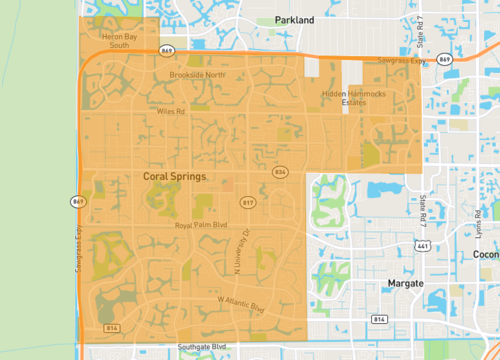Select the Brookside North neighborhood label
pos(197,74)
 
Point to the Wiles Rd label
pos(171,111)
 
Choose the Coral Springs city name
pos(174,176)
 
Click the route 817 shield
pos(248,203)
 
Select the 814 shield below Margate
pos(379,319)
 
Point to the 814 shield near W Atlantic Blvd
pos(112,327)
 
